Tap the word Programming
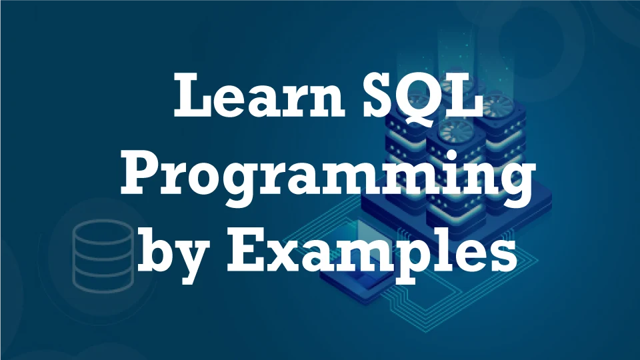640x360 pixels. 327,176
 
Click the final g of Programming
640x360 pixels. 512,184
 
